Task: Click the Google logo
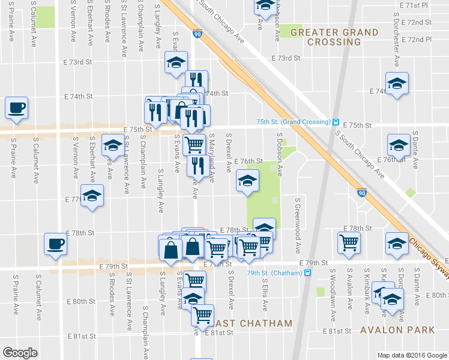20,352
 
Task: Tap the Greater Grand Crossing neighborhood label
334,37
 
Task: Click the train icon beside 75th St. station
337,121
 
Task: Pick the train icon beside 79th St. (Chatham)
308,273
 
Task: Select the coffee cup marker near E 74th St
16,108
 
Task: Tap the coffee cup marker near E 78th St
55,244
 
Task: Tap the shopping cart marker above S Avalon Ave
349,242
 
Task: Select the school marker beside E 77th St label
92,196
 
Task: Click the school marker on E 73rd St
176,63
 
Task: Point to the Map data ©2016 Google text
412,355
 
